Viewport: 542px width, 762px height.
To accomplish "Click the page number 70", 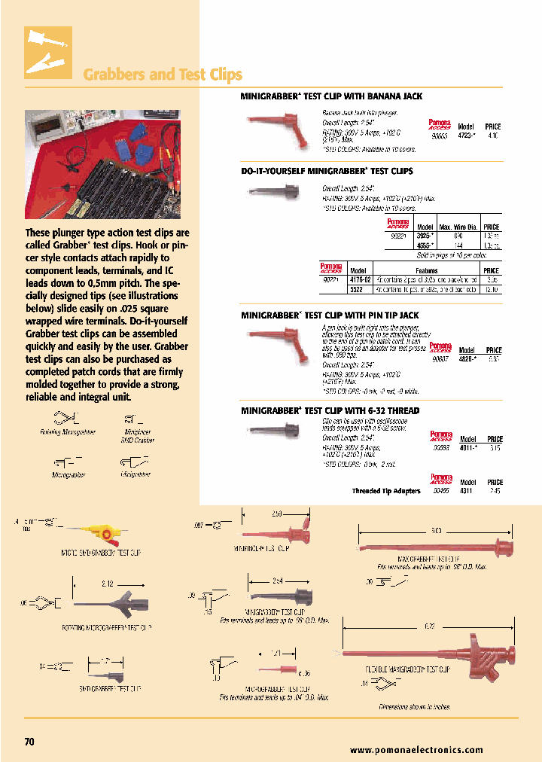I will point(29,742).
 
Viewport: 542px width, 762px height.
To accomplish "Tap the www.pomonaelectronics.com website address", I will point(416,750).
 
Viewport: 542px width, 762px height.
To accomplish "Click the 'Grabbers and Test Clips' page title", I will point(162,75).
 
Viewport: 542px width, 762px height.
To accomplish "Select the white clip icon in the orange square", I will point(48,53).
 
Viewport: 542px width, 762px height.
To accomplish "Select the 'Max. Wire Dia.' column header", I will point(458,227).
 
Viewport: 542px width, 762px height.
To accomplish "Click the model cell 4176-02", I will point(358,279).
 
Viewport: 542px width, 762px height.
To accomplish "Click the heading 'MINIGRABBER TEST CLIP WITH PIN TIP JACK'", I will point(330,315).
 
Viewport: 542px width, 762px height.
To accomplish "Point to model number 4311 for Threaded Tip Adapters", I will point(467,491).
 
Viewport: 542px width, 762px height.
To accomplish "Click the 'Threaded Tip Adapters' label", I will point(386,491).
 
